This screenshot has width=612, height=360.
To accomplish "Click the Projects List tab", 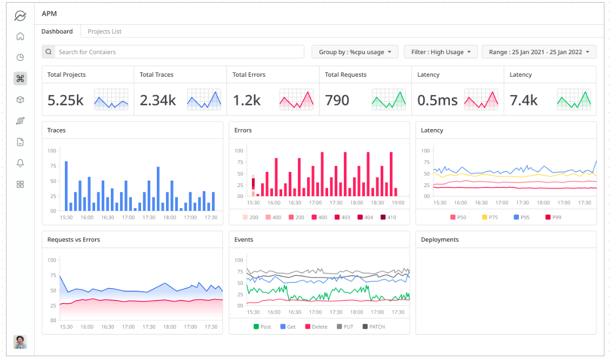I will pyautogui.click(x=104, y=31).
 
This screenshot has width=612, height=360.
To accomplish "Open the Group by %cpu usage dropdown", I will pyautogui.click(x=355, y=52).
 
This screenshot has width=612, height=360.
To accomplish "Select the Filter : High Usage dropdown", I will pyautogui.click(x=441, y=52).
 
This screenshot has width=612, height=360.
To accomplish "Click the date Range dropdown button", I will pyautogui.click(x=538, y=52).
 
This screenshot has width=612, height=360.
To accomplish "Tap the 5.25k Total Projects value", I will pyautogui.click(x=65, y=100).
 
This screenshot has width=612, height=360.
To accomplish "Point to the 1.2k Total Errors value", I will pyautogui.click(x=247, y=100).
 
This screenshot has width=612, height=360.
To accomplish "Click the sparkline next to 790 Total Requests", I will pyautogui.click(x=389, y=99).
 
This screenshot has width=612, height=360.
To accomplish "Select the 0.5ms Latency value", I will pyautogui.click(x=437, y=100).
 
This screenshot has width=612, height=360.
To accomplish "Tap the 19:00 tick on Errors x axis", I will pyautogui.click(x=398, y=203).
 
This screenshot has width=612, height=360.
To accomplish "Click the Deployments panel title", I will pyautogui.click(x=440, y=239).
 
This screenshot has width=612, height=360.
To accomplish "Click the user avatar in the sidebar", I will pyautogui.click(x=20, y=342).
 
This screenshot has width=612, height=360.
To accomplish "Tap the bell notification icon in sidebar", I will pyautogui.click(x=20, y=163).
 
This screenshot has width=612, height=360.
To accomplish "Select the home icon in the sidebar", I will pyautogui.click(x=20, y=36).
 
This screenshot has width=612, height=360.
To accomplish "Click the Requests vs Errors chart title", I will pyautogui.click(x=74, y=239).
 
